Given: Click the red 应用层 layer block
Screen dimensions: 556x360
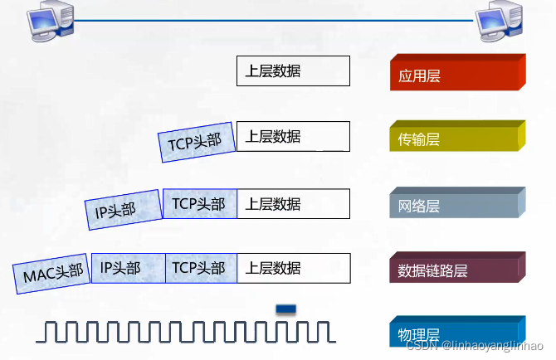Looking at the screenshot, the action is click(x=457, y=72).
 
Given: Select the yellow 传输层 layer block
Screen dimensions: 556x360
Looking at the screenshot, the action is click(x=457, y=136).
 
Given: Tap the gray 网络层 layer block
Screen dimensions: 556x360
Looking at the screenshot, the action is click(x=457, y=202).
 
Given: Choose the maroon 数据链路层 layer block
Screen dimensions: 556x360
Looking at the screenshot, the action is click(x=457, y=267).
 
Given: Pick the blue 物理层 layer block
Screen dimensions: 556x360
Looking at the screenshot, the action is click(x=457, y=331).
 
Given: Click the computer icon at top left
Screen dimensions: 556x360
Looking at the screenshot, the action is click(x=51, y=22).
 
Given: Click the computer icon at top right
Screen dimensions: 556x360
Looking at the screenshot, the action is click(x=499, y=22).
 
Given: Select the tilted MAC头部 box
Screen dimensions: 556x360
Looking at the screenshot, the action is click(x=51, y=274).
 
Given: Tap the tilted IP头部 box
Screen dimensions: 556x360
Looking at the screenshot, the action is click(x=124, y=210).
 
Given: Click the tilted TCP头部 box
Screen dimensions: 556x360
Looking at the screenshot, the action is click(x=197, y=142).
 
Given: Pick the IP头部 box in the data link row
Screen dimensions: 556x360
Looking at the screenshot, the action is click(x=129, y=268).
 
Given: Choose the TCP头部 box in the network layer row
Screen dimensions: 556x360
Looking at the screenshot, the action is click(x=200, y=204).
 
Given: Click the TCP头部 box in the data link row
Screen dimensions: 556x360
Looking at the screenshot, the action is click(x=201, y=268).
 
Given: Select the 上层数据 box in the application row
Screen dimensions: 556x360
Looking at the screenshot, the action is click(x=293, y=71).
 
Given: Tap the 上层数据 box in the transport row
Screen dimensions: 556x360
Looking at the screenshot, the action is click(x=293, y=136).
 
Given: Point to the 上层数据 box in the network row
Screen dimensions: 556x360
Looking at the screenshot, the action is click(x=293, y=204).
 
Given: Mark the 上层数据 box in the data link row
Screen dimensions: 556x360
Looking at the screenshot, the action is click(x=294, y=268).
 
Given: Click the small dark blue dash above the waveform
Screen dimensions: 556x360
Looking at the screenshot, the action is click(x=285, y=309).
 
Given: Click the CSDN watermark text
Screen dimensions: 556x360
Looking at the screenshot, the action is click(x=475, y=345).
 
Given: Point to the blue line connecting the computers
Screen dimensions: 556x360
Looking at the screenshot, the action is click(x=273, y=21).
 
